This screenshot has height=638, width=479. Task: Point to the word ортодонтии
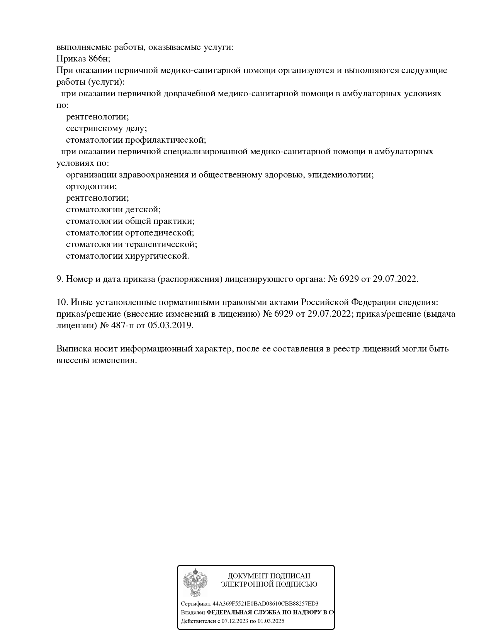click(91, 186)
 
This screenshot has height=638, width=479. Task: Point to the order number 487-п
click(117, 326)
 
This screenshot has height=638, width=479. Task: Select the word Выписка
click(74, 349)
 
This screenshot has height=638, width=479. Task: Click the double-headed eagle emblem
click(195, 582)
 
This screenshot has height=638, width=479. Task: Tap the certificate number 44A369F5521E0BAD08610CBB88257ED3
click(265, 604)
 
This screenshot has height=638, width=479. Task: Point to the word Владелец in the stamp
click(193, 612)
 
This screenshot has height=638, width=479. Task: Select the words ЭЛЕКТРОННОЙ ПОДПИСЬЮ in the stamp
click(269, 584)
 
